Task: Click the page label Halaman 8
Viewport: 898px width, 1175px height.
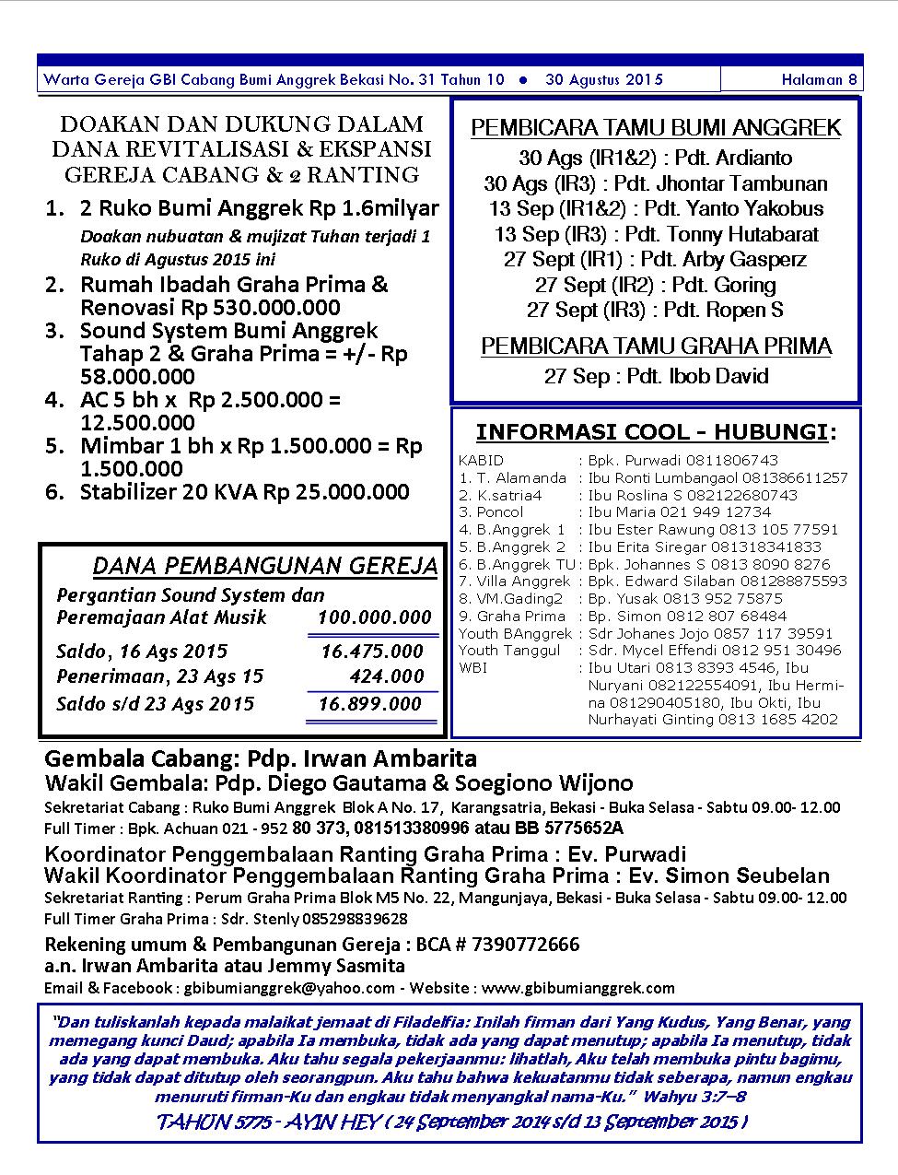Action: tap(819, 80)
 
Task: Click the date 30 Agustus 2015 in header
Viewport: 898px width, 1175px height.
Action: tap(603, 80)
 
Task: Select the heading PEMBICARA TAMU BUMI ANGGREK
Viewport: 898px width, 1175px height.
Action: tap(656, 128)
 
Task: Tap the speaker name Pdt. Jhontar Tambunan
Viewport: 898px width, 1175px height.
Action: tap(720, 183)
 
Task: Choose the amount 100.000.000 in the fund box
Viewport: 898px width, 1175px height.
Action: tap(374, 617)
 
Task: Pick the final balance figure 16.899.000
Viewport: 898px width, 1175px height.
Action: tap(369, 704)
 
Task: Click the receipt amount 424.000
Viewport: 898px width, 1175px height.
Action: tap(386, 676)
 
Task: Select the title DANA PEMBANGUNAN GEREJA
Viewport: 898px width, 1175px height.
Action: tap(265, 566)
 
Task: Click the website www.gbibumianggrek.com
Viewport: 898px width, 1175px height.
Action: tap(577, 987)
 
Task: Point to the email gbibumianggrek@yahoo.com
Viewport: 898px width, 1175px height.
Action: tap(289, 987)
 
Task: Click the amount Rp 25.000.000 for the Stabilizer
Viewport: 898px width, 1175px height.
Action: tap(335, 492)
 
